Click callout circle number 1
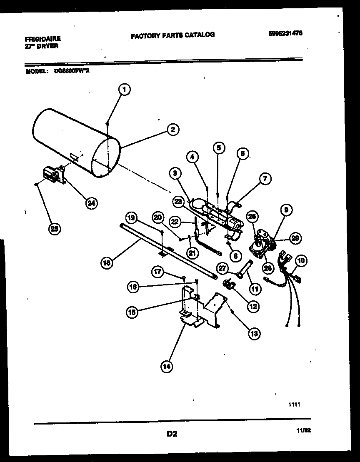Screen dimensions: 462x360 [124, 89]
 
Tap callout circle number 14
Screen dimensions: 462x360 [166, 367]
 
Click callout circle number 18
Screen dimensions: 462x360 [107, 262]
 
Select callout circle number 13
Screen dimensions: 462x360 [254, 332]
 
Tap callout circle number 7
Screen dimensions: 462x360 [264, 179]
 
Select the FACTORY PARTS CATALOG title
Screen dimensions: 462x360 [172, 35]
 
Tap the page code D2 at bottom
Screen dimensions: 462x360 [172, 434]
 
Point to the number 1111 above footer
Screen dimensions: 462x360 [294, 404]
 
